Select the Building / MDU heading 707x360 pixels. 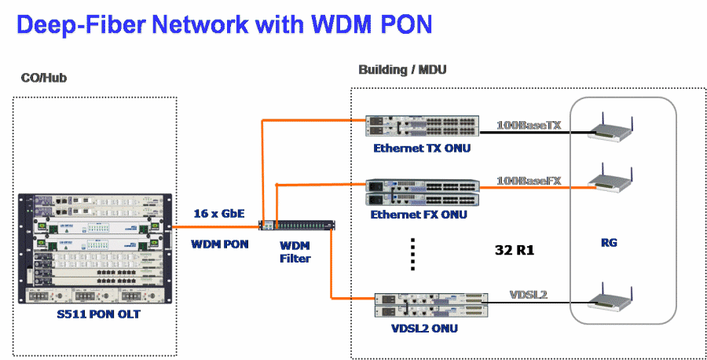click(402, 70)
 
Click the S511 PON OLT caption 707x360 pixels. click(96, 316)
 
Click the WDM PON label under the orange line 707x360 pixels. click(219, 244)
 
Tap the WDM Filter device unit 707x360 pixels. click(300, 226)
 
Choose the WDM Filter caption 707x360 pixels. click(295, 251)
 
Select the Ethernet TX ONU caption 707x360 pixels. click(423, 148)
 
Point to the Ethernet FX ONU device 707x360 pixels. click(422, 193)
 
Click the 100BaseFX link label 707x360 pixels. click(529, 181)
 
